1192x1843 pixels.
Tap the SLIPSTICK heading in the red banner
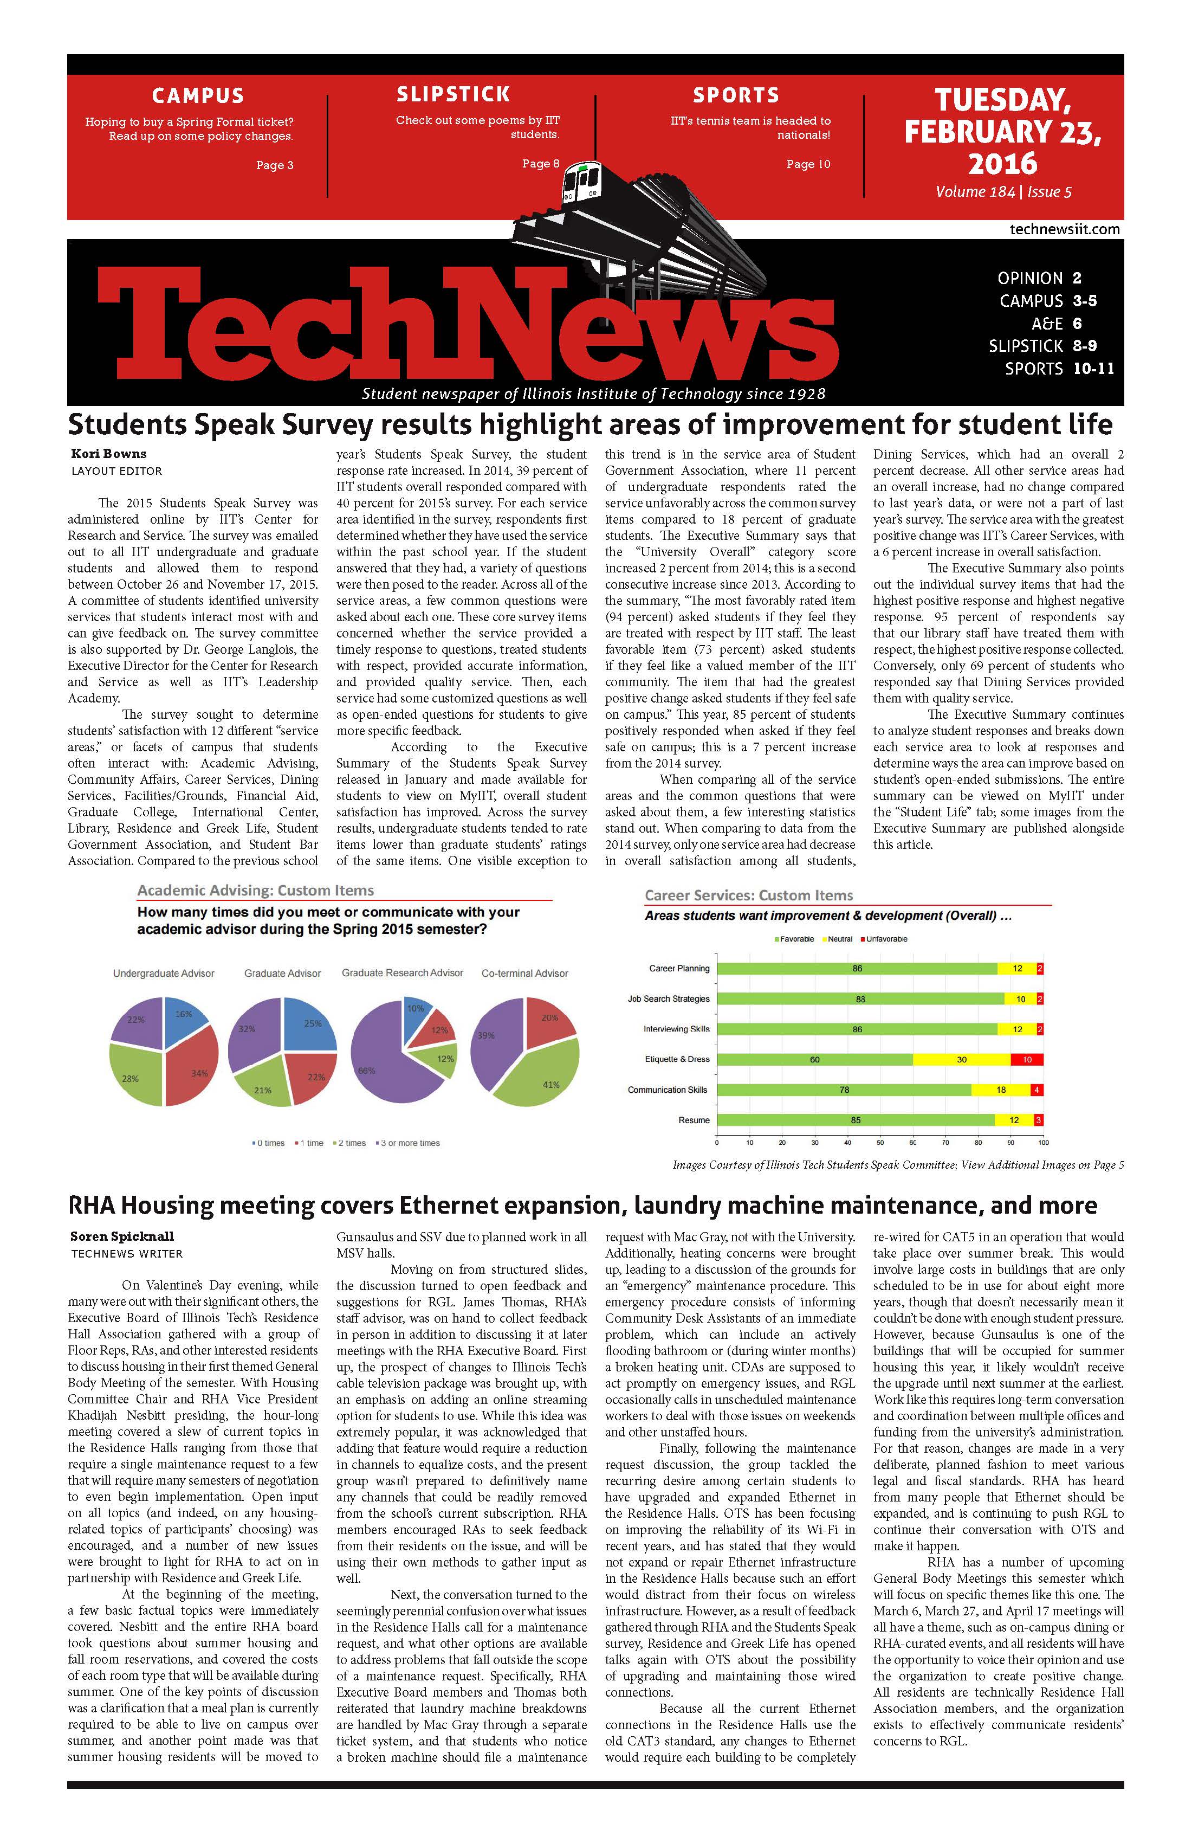(453, 94)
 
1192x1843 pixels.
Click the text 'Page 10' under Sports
(808, 164)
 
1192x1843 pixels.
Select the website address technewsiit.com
(1064, 229)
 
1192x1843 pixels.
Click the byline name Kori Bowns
(108, 454)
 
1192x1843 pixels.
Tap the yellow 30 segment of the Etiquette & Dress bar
(961, 1059)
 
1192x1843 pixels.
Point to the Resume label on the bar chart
(694, 1120)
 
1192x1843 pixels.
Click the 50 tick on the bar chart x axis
(880, 1142)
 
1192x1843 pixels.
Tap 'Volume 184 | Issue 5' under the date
(1003, 192)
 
